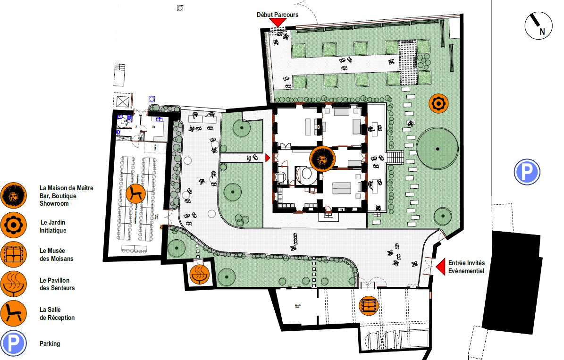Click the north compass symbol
click(539, 25)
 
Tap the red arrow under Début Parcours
click(278, 22)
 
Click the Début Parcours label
click(278, 15)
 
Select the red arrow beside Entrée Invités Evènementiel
click(440, 267)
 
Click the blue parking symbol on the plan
click(527, 172)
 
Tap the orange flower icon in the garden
click(438, 103)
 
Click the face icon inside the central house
click(322, 159)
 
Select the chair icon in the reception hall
click(136, 193)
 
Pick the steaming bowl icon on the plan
click(199, 273)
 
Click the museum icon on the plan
click(368, 305)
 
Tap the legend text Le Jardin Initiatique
click(53, 226)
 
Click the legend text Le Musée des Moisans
click(56, 255)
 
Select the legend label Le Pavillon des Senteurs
click(57, 284)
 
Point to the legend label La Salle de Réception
click(57, 314)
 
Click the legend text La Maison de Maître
click(66, 188)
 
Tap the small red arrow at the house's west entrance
click(268, 158)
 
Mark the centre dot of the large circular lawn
click(438, 149)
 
